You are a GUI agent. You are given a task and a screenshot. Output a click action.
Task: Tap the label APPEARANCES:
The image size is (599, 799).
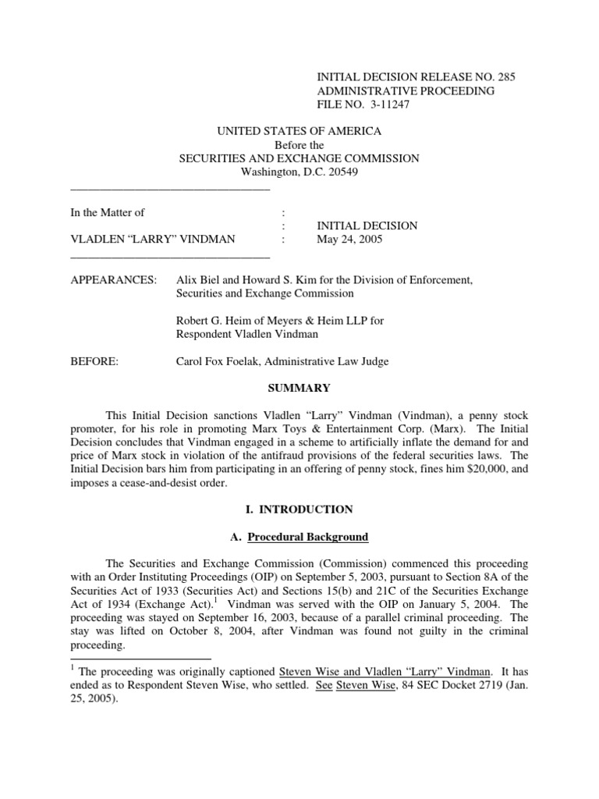click(113, 279)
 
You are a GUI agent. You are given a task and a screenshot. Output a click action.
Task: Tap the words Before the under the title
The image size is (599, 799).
click(299, 144)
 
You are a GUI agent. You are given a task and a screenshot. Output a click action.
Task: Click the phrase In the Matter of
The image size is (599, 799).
click(108, 211)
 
